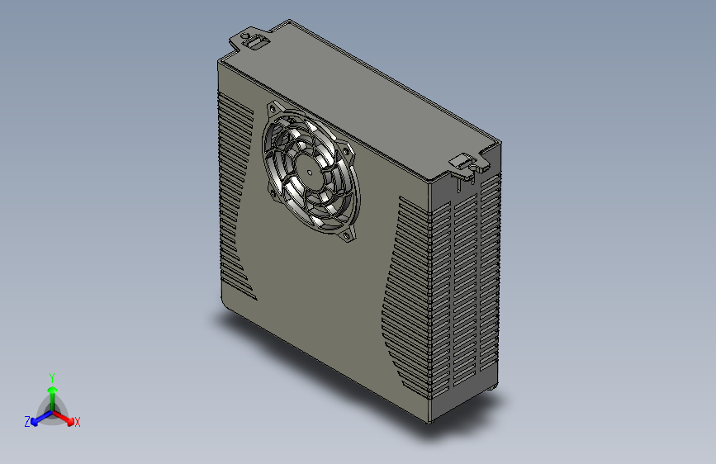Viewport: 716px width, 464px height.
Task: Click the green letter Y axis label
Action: pyautogui.click(x=52, y=377)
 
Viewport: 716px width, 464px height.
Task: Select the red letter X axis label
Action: pyautogui.click(x=77, y=422)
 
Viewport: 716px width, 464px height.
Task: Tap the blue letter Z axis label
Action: pyautogui.click(x=27, y=422)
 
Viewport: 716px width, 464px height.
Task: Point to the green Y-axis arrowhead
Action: pyautogui.click(x=53, y=390)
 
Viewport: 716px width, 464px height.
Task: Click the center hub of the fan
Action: pyautogui.click(x=310, y=173)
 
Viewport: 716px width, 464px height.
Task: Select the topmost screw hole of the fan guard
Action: pyautogui.click(x=273, y=109)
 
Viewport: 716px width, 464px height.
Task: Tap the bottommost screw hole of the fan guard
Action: pyautogui.click(x=347, y=235)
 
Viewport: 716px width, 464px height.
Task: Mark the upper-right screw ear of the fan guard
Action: pyautogui.click(x=348, y=151)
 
